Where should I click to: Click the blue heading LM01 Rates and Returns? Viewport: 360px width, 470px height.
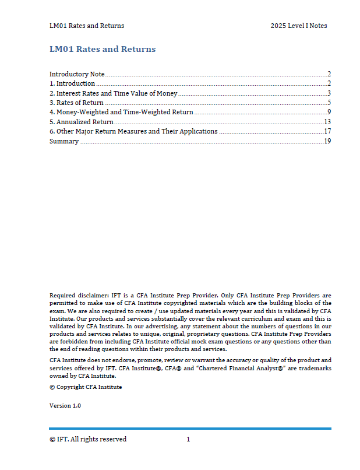tap(103, 49)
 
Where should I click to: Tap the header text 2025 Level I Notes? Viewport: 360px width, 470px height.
tap(298, 26)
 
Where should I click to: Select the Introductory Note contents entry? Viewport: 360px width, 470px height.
tap(77, 74)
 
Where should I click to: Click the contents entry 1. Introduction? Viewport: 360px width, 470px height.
tap(72, 83)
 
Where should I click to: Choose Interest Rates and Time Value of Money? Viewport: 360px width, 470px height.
tap(113, 93)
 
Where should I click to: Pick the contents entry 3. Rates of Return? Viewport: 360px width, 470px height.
tap(76, 103)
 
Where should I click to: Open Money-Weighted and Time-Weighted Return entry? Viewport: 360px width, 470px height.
tap(121, 112)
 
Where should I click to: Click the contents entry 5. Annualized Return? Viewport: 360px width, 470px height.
tap(82, 122)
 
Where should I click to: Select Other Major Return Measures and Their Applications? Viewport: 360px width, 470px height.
tap(133, 131)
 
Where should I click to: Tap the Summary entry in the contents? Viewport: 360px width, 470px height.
tap(63, 141)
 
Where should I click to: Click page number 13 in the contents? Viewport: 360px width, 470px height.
tap(327, 122)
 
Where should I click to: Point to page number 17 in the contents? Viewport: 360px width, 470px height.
tap(327, 131)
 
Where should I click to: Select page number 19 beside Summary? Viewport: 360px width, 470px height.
tap(327, 141)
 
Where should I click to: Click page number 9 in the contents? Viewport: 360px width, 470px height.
tap(329, 112)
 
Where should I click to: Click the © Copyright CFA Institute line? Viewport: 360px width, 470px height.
tap(86, 387)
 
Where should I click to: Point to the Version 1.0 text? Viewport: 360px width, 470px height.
tap(65, 405)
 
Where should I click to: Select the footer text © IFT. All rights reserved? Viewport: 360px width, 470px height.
tap(88, 439)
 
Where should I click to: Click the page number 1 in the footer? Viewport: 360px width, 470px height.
tap(188, 439)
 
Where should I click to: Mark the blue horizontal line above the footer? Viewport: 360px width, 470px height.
tap(190, 429)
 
